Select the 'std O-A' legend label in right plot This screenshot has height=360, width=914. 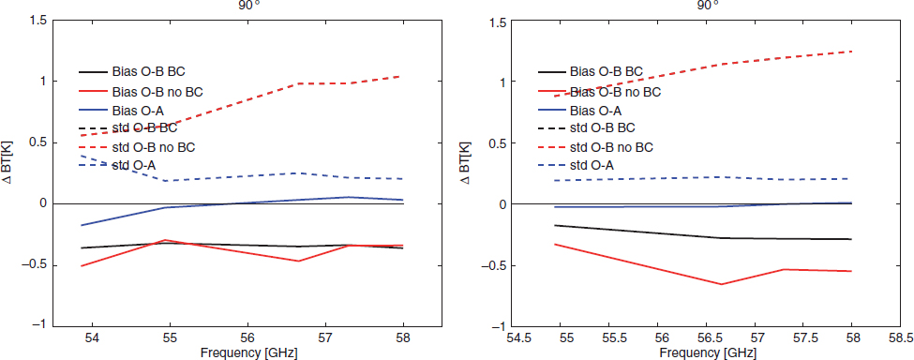[x=592, y=165]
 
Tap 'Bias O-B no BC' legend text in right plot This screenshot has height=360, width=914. [x=616, y=92]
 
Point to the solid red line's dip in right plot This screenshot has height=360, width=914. [x=721, y=284]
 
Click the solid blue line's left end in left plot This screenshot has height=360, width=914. [x=81, y=225]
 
